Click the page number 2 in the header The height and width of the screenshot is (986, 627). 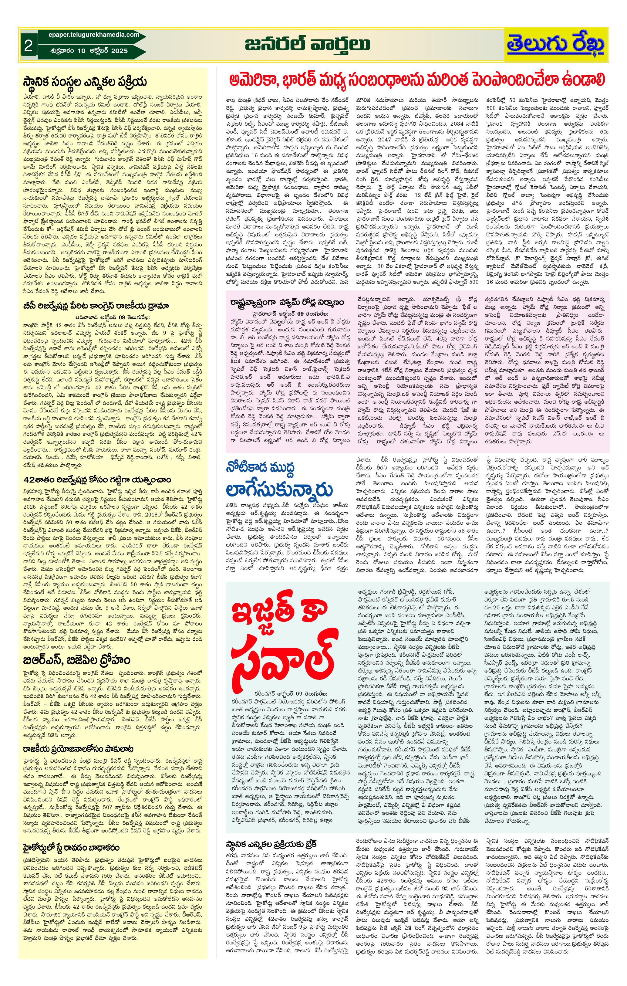click(x=28, y=46)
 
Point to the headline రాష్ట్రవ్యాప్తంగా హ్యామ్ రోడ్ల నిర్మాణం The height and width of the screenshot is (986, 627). click(x=287, y=302)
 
